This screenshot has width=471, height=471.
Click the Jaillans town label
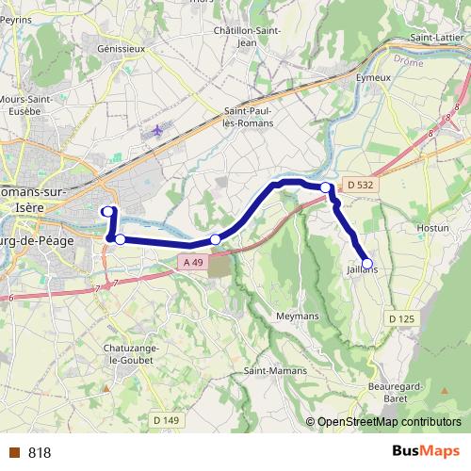(x=362, y=269)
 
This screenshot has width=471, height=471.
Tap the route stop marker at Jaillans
(x=366, y=264)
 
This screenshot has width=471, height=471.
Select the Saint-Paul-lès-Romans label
(x=249, y=117)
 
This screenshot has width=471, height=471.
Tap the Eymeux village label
(x=374, y=76)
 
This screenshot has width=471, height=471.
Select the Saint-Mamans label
(x=275, y=370)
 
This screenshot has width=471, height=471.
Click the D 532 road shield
(x=359, y=186)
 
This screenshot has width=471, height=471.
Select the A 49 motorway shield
(x=193, y=261)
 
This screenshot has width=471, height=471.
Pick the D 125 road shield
(x=401, y=320)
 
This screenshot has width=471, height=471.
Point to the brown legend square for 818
(x=14, y=453)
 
